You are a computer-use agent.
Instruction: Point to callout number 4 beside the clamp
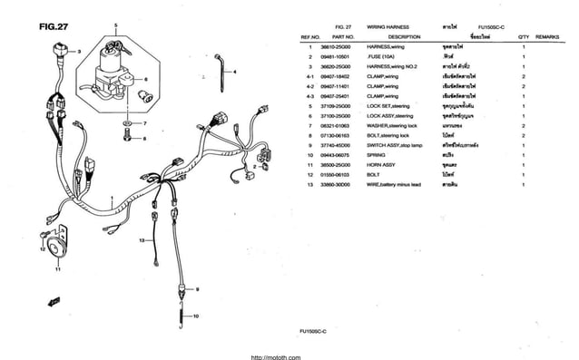click(236, 71)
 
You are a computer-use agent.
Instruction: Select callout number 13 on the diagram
click(142, 240)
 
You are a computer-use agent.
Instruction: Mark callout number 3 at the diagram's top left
click(79, 52)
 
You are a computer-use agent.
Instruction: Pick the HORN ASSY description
click(381, 165)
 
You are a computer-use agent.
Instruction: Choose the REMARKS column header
click(547, 36)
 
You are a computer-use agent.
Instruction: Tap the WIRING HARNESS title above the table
click(388, 27)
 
